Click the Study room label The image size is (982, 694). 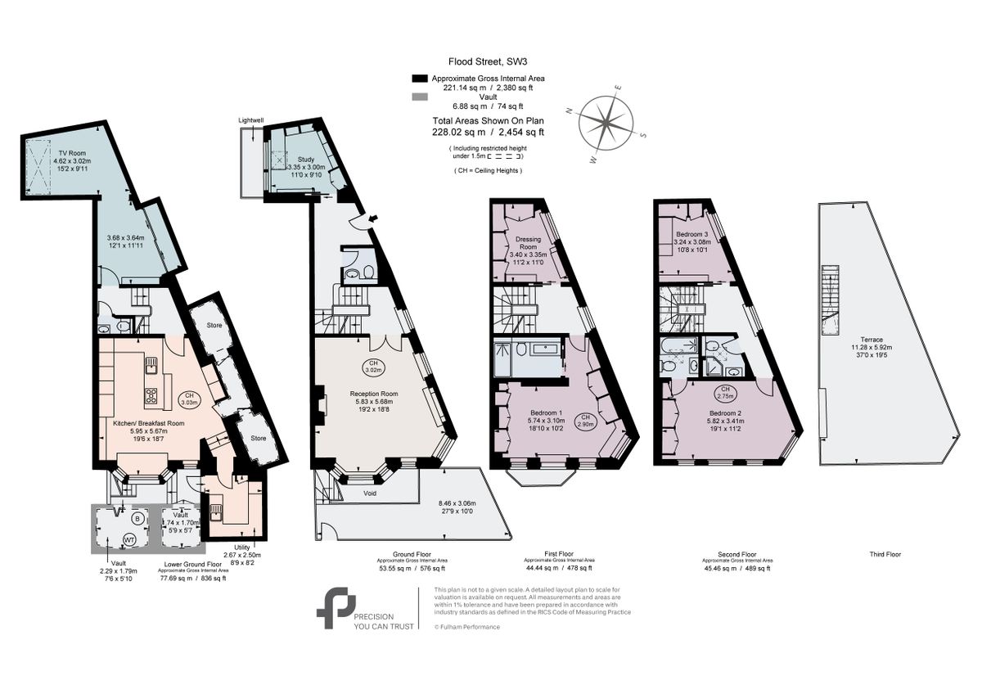click(x=306, y=160)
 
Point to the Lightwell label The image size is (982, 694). click(x=250, y=120)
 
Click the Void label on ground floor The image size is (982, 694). click(x=370, y=493)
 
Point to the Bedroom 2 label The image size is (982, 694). click(x=724, y=412)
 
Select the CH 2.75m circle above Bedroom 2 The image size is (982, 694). click(x=724, y=391)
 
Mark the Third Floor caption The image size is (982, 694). click(x=884, y=554)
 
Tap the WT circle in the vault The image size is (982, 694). click(x=107, y=539)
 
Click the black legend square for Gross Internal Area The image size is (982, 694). click(x=420, y=79)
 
